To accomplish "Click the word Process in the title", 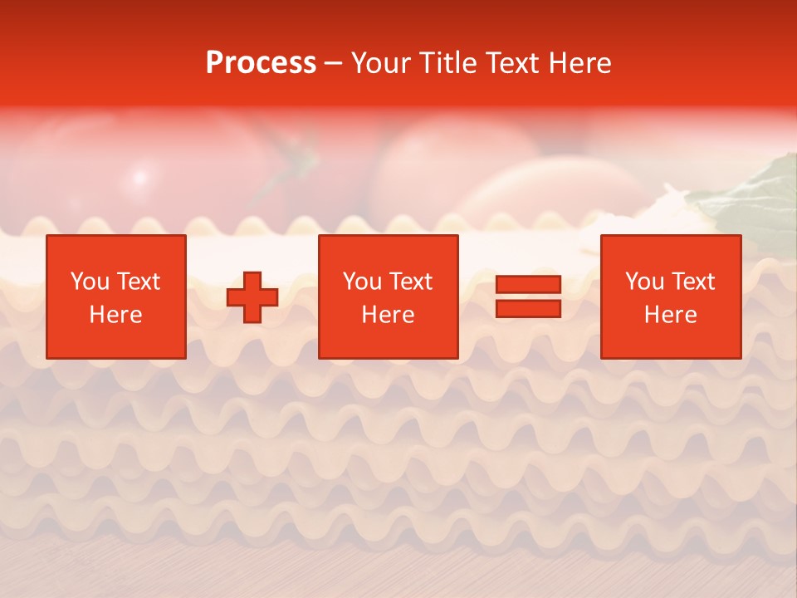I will (x=261, y=63).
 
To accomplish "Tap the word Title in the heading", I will (x=446, y=63).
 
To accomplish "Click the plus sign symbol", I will (x=252, y=297).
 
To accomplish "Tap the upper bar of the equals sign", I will (x=528, y=284).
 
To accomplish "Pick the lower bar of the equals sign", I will (x=528, y=309).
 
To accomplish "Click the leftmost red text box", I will (x=116, y=297).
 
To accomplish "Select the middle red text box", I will (x=389, y=297).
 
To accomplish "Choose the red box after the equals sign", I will (x=671, y=297).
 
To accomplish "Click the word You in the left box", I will (x=90, y=282).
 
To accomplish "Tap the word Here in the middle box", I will (x=389, y=315).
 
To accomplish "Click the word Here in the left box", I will (x=116, y=315).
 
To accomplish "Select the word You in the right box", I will (x=644, y=282).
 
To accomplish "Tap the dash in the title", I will (x=334, y=63).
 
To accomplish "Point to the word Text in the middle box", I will (x=411, y=282).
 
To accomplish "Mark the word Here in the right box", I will (x=671, y=315).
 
